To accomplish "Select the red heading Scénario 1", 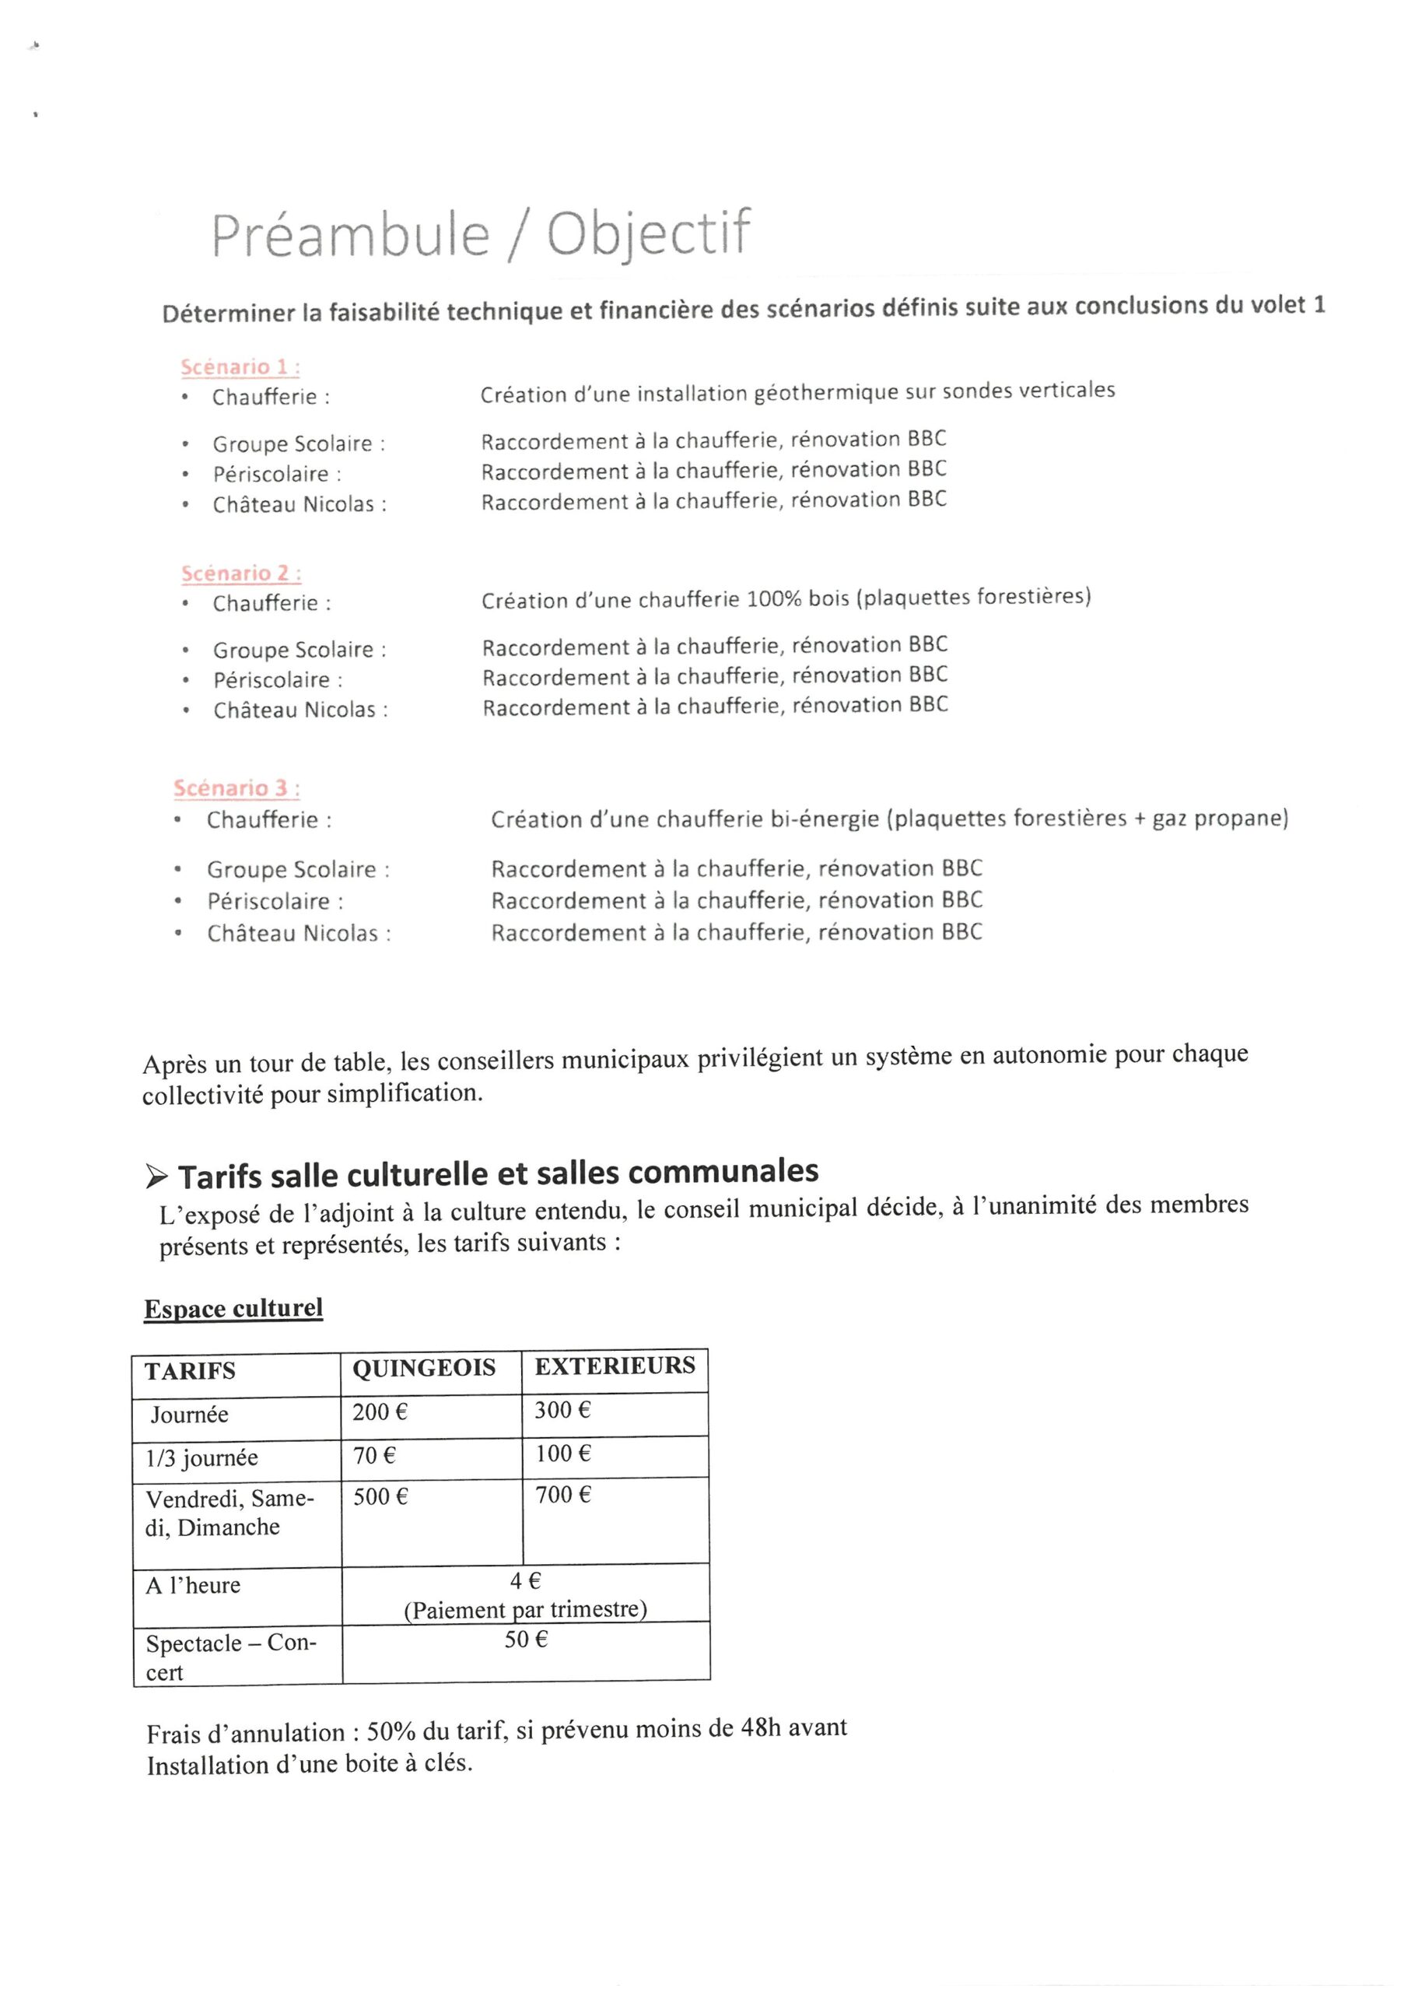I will [240, 367].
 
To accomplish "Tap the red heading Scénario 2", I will [240, 573].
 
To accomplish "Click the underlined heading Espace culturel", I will [233, 1308].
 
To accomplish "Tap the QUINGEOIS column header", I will [423, 1368].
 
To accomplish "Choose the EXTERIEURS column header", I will [615, 1366].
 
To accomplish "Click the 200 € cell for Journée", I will [379, 1412].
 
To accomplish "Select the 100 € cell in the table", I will [562, 1454].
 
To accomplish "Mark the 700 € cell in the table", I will [562, 1495].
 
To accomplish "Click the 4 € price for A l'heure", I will [525, 1580].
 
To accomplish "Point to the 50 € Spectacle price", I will [526, 1639].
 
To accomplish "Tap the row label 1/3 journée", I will [201, 1457].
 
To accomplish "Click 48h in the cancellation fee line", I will [760, 1727].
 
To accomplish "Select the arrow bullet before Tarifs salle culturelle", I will [157, 1177].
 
